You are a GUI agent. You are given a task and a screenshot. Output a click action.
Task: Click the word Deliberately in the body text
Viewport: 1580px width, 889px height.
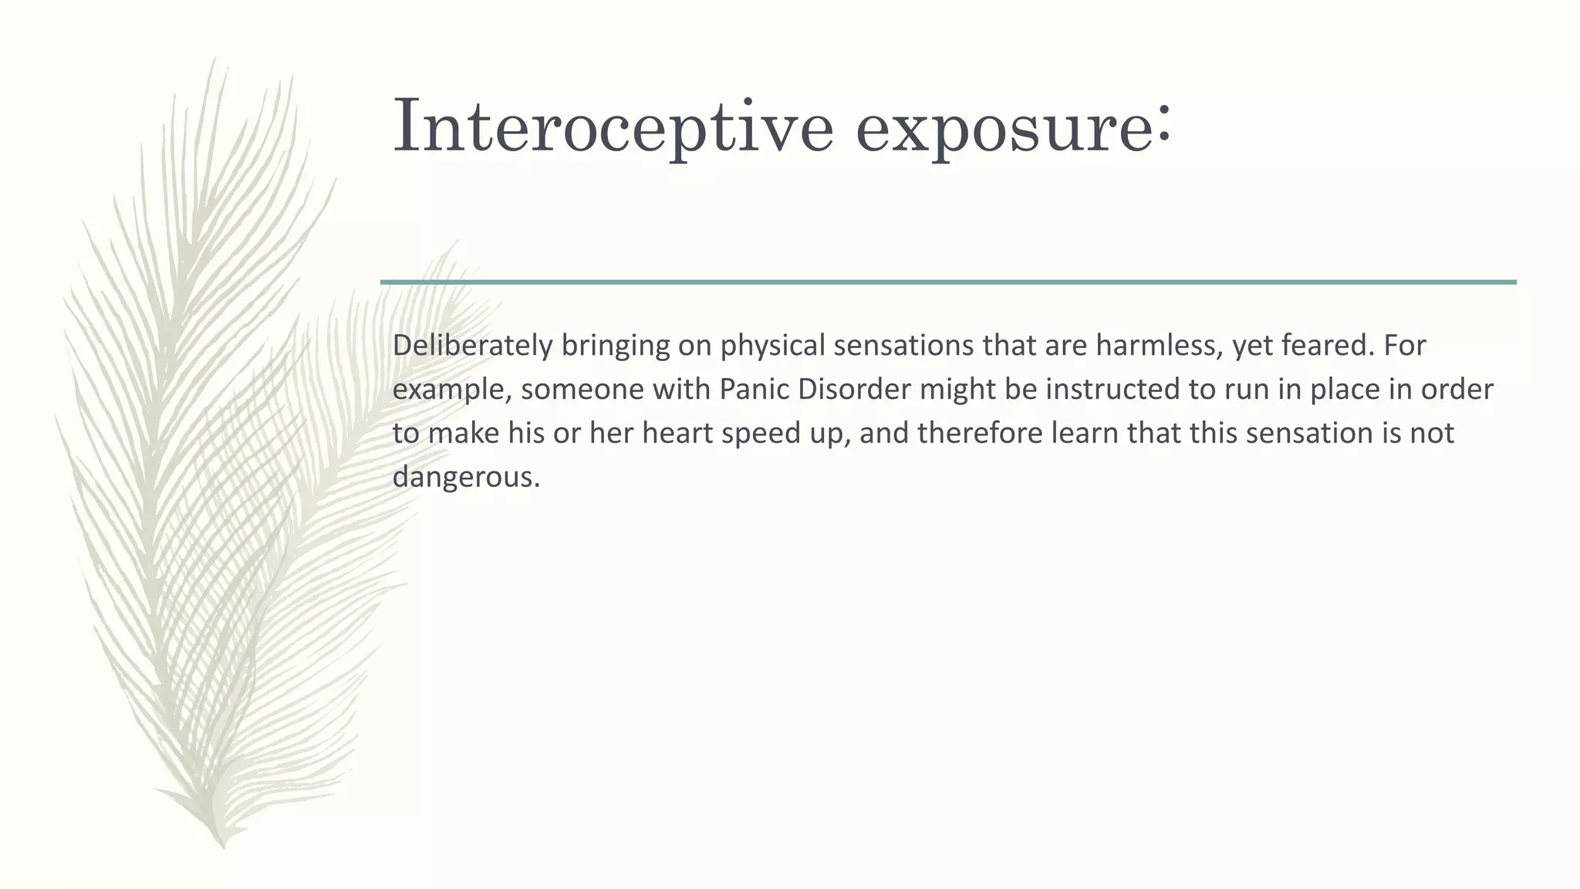pos(472,346)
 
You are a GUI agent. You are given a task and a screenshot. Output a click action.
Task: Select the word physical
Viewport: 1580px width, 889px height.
pos(772,346)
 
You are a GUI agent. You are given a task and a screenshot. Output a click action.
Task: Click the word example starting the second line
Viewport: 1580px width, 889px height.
pos(452,390)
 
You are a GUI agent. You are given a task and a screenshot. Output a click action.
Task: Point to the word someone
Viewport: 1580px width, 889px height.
pos(582,389)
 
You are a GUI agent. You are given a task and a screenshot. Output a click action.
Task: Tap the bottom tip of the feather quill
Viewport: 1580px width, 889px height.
pos(223,846)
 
